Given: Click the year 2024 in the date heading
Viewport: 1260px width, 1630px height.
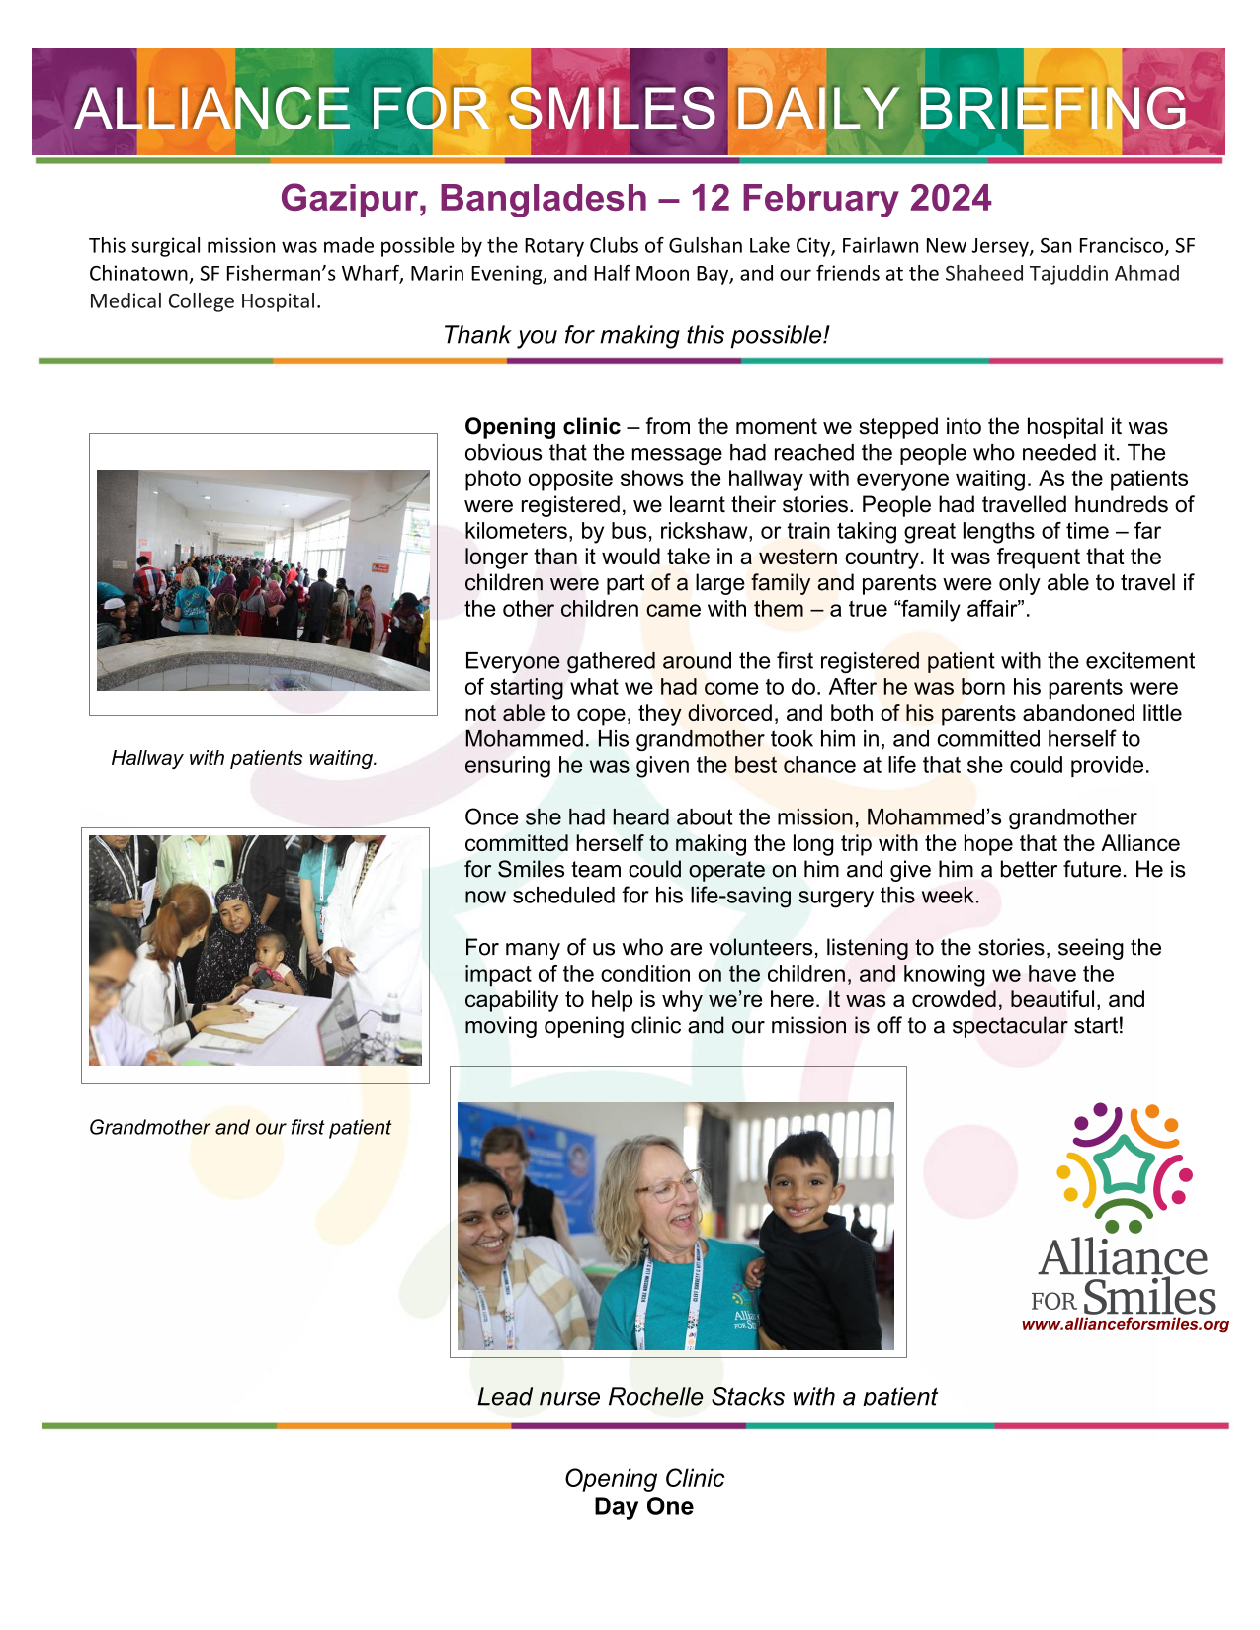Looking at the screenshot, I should tap(950, 198).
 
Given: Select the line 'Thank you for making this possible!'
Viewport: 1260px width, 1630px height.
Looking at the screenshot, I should tap(635, 335).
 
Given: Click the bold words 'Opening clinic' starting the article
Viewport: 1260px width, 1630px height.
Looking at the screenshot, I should tap(543, 427).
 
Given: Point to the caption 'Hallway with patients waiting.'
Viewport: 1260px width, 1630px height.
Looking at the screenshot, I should tap(244, 758).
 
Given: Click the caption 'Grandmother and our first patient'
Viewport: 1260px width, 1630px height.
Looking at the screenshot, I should tap(240, 1127).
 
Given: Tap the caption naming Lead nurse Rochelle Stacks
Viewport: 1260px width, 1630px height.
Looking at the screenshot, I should tap(707, 1396).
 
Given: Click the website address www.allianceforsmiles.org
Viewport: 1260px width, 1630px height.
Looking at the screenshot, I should tap(1125, 1324).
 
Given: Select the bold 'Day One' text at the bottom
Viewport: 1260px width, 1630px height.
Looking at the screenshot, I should tap(643, 1506).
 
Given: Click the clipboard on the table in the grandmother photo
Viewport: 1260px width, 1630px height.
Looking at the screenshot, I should tap(253, 1018).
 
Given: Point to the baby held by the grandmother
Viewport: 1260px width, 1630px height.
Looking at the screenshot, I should tap(271, 959).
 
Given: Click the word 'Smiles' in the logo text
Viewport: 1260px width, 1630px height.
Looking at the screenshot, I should tap(1149, 1297).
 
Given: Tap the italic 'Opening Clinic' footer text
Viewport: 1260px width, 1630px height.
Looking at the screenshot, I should tap(644, 1478).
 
